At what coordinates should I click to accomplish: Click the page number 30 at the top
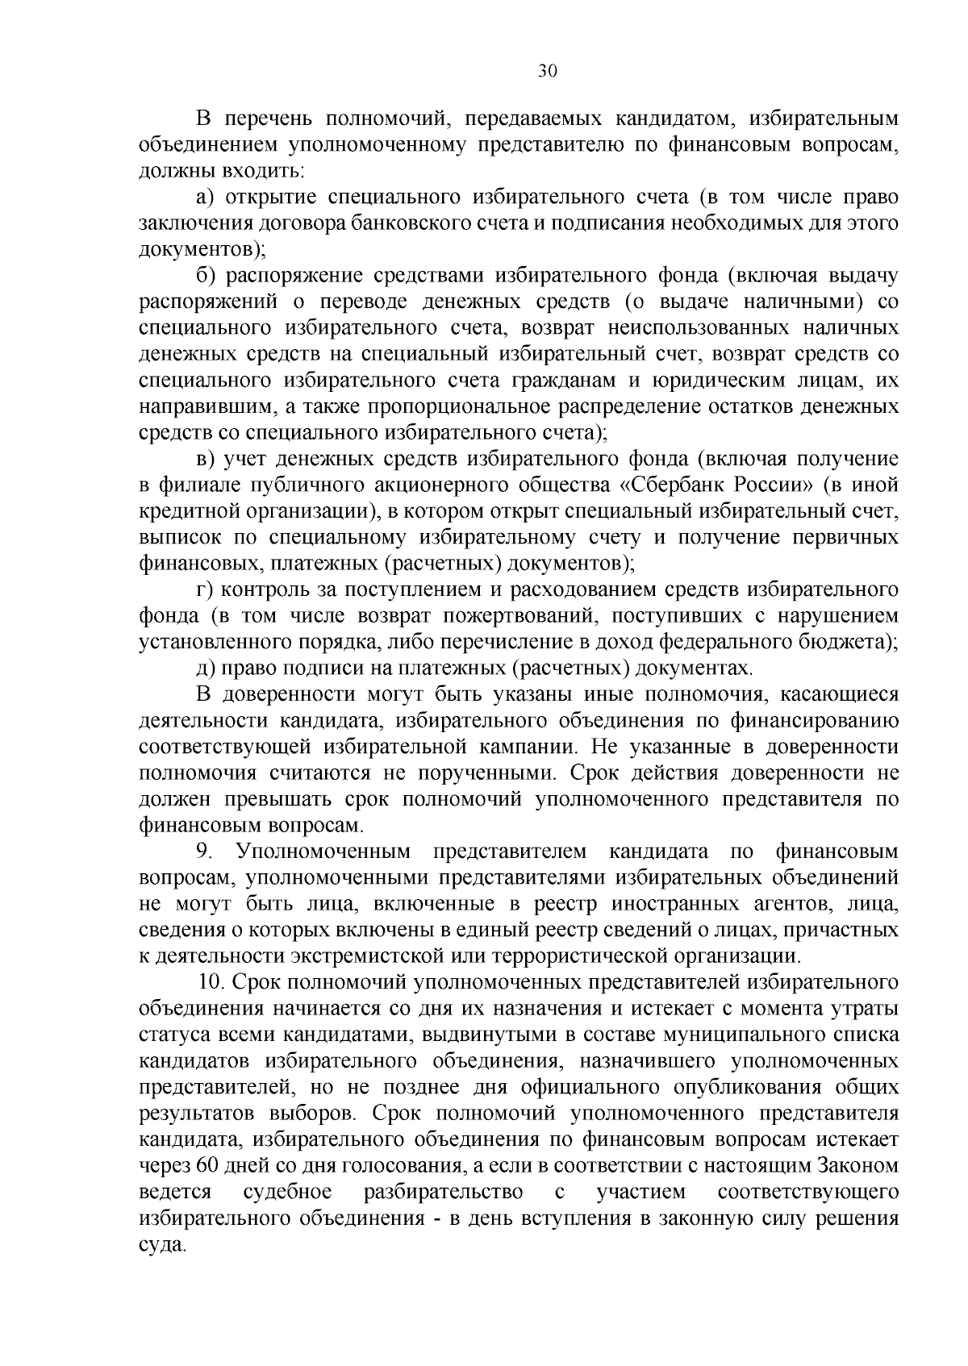click(548, 71)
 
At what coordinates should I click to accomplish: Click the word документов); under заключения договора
click(202, 249)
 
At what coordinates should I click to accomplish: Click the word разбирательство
click(443, 1192)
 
